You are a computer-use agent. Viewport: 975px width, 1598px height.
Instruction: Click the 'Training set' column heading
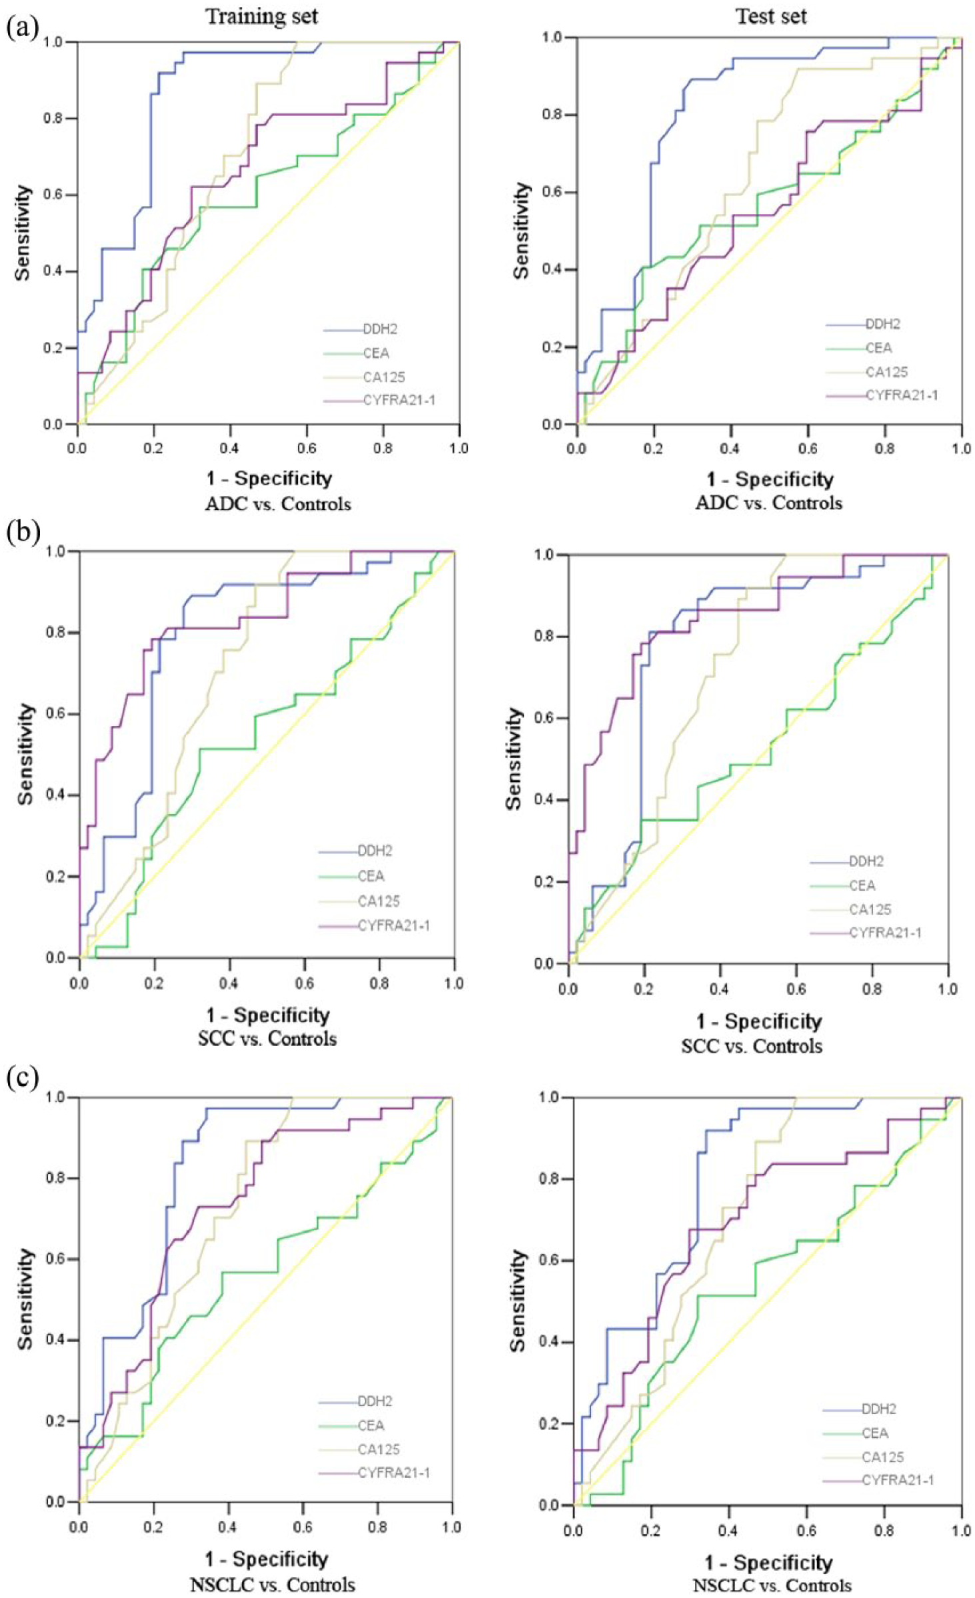click(x=261, y=16)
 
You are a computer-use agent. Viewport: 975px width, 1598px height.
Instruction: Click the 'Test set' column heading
click(x=771, y=16)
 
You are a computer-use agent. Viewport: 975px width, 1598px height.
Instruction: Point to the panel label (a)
click(x=23, y=29)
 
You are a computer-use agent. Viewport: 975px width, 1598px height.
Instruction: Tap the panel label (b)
click(x=23, y=531)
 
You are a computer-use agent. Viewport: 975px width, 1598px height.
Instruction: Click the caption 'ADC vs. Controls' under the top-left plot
click(x=278, y=504)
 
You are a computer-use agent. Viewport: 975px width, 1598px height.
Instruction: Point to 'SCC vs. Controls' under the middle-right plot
click(x=752, y=1046)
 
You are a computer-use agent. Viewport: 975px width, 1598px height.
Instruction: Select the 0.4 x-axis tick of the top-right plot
click(x=731, y=448)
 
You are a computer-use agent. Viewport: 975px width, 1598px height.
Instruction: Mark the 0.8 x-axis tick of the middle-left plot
click(x=380, y=983)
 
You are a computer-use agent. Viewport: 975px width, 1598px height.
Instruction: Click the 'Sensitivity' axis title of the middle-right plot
click(x=514, y=759)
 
